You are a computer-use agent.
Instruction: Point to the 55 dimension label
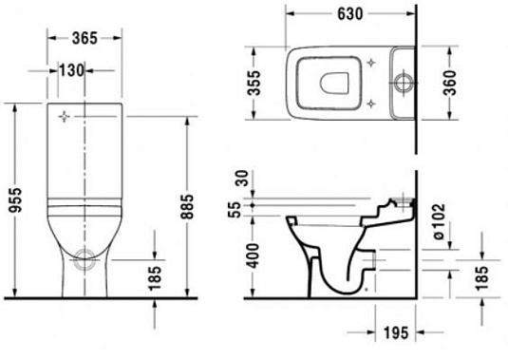[x=238, y=213]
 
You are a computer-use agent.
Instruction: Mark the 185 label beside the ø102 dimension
[x=481, y=277]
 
